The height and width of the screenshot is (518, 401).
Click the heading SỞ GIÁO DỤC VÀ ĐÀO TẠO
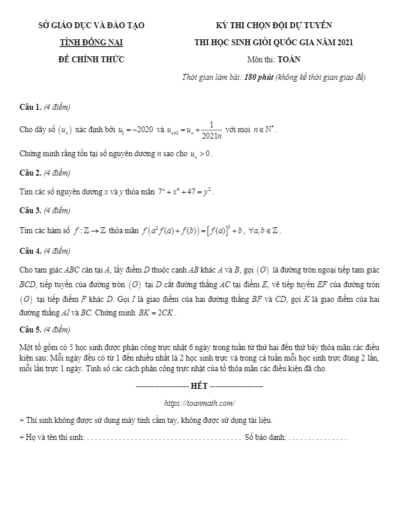[91, 25]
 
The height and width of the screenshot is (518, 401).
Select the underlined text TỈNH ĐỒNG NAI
[91, 42]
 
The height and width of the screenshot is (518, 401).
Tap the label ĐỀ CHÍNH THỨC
[91, 59]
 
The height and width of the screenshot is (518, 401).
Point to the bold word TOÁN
[289, 59]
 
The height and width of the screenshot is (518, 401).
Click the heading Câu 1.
[30, 107]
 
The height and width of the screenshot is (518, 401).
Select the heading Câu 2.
[30, 173]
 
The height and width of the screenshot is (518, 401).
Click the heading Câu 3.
[30, 210]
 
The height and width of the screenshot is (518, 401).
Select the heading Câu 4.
[30, 251]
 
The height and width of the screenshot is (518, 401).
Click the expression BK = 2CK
[157, 313]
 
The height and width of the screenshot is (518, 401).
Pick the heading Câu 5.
[30, 329]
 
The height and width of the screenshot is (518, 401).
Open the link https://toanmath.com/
[200, 403]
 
